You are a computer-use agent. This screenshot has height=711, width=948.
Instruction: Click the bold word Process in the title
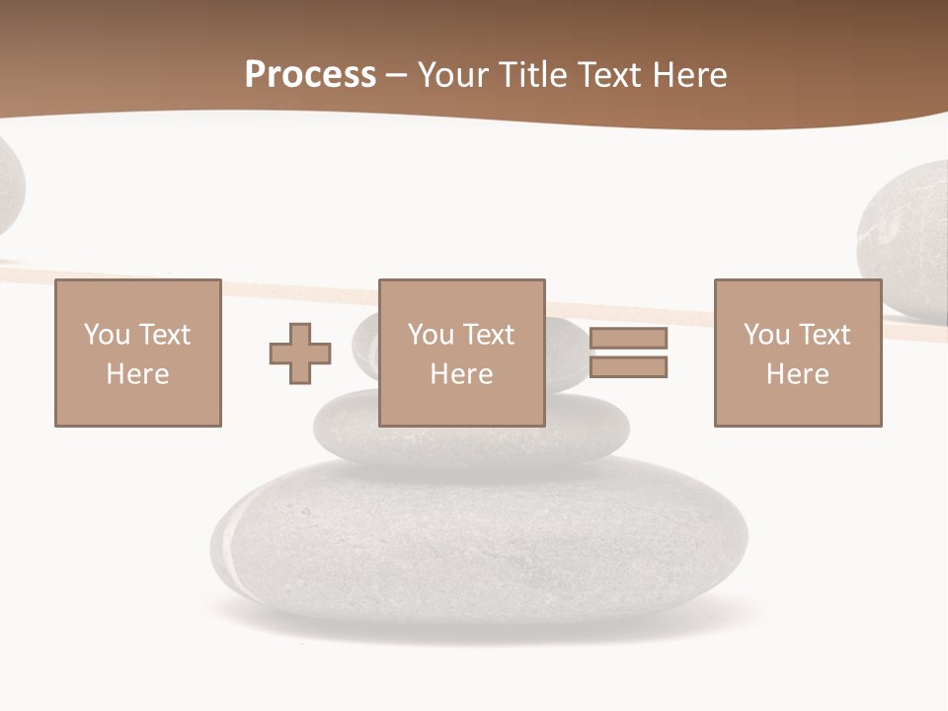pyautogui.click(x=310, y=75)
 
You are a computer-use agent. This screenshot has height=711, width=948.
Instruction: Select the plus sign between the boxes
pyautogui.click(x=300, y=354)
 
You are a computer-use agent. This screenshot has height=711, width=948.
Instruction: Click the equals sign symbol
pyautogui.click(x=628, y=353)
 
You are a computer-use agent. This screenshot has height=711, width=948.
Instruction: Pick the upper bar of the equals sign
pyautogui.click(x=628, y=339)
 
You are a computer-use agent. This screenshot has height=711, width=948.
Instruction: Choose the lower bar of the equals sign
pyautogui.click(x=628, y=367)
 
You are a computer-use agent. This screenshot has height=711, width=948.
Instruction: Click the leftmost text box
pyautogui.click(x=137, y=353)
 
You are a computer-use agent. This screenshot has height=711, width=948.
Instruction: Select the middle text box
pyautogui.click(x=461, y=353)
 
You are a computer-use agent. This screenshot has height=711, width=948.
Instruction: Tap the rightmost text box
pyautogui.click(x=797, y=353)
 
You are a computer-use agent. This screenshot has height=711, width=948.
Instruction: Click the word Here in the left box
pyautogui.click(x=137, y=374)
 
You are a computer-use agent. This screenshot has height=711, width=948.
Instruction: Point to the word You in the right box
pyautogui.click(x=766, y=335)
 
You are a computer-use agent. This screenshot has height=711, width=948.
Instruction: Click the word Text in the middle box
pyautogui.click(x=488, y=335)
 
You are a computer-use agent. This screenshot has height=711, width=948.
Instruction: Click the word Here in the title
pyautogui.click(x=686, y=75)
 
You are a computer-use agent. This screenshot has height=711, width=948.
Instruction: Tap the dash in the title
pyautogui.click(x=397, y=75)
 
